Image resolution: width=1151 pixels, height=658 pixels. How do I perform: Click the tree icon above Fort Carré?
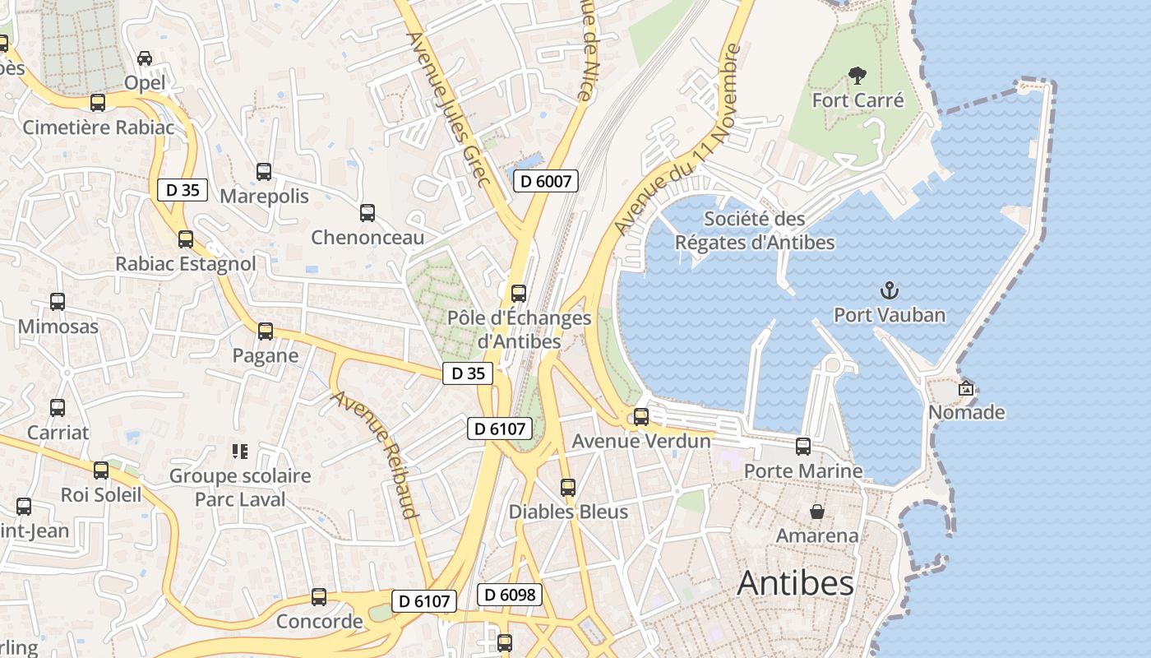[x=857, y=76]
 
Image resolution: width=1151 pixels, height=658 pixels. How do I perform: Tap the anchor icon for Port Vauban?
[x=890, y=290]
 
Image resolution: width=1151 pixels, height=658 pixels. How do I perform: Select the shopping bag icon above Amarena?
[x=817, y=512]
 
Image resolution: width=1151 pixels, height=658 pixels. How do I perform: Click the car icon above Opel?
[x=145, y=58]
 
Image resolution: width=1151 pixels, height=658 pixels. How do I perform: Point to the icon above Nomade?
[x=966, y=388]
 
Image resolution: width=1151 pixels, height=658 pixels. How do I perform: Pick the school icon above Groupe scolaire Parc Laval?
[x=240, y=451]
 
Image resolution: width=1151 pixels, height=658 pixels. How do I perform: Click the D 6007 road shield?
[x=546, y=181]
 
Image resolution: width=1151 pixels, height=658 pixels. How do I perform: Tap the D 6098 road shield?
[x=510, y=595]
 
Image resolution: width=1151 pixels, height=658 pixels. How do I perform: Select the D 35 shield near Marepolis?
[x=183, y=190]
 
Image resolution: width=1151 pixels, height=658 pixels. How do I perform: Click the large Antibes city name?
[x=795, y=583]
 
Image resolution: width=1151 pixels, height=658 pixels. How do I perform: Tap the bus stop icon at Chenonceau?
[x=367, y=213]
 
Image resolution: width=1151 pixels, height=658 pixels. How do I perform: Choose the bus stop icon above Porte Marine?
[x=803, y=447]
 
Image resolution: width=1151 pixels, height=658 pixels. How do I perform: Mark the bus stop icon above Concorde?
[x=319, y=597]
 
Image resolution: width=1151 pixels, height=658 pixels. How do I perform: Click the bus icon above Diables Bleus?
[x=568, y=488]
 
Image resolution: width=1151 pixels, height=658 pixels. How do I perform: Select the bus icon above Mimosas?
[x=58, y=302]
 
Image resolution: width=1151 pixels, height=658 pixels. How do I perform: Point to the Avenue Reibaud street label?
[x=375, y=454]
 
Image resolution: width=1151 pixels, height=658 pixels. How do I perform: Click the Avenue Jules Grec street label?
[x=449, y=109]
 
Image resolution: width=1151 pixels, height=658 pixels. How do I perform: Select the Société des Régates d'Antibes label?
[x=754, y=231]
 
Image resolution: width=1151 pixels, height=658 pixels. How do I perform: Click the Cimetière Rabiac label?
[x=99, y=127]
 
